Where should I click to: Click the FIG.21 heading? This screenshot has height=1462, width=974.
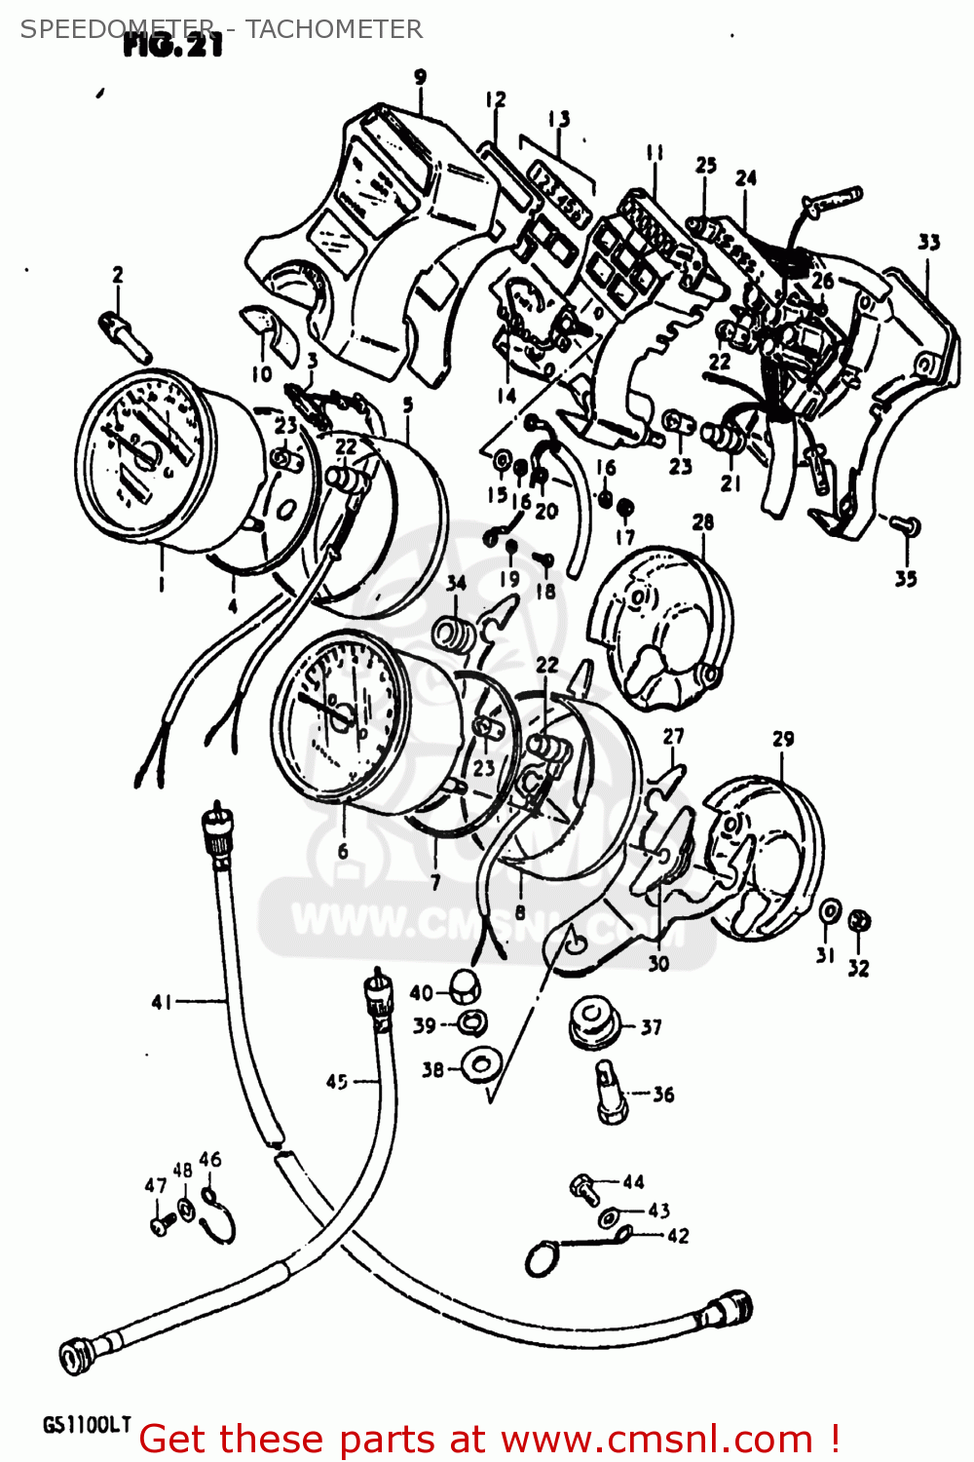[x=173, y=45]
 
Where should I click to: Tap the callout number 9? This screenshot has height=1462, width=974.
[x=420, y=77]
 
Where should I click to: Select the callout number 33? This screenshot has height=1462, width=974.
[x=928, y=242]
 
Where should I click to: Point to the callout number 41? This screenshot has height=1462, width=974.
[x=163, y=1002]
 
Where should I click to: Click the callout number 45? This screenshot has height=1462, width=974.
[x=337, y=1081]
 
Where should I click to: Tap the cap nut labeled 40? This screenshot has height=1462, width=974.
[x=466, y=986]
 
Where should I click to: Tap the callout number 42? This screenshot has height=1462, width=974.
[x=678, y=1236]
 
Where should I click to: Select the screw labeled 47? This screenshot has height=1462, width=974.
[x=160, y=1224]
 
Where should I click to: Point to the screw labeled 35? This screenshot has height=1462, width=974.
[x=905, y=526]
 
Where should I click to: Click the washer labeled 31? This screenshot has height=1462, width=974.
[x=829, y=910]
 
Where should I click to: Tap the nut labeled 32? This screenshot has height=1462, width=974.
[x=858, y=920]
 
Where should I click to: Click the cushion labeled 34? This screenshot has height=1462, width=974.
[x=456, y=635]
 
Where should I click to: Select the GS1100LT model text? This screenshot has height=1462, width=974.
[x=86, y=1425]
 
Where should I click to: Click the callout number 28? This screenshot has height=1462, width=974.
[x=702, y=522]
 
